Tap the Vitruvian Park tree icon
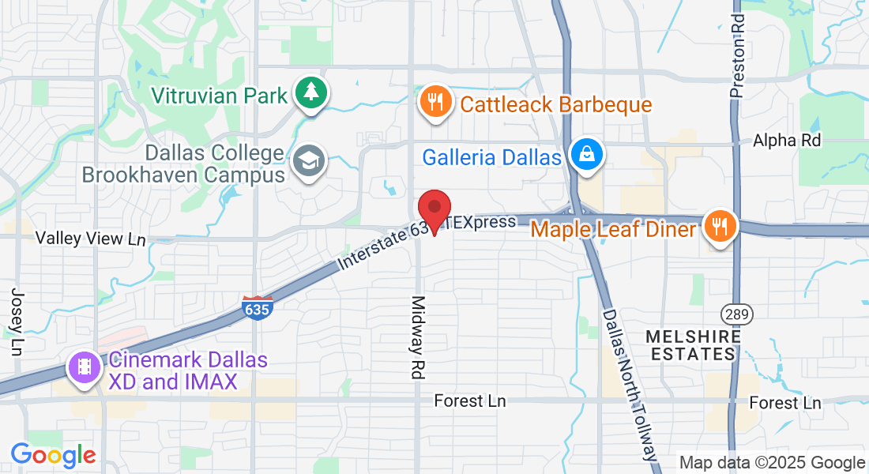point(312,92)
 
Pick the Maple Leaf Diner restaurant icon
point(720,227)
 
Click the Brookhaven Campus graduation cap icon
point(308,162)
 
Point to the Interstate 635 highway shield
point(258,307)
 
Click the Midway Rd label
point(418,338)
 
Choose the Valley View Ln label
point(91,238)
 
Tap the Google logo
point(53,455)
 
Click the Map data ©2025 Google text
point(772,462)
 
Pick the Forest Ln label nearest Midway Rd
point(469,401)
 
